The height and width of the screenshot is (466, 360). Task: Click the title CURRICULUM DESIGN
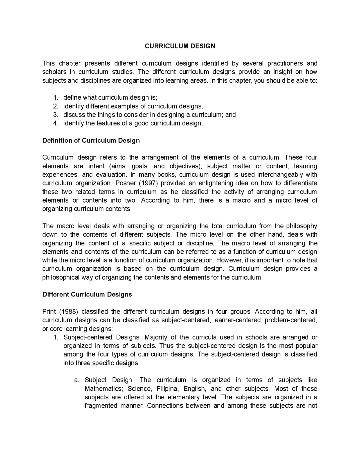point(180,46)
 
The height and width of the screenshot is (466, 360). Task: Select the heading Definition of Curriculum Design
point(91,140)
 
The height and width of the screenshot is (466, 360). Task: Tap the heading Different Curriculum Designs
point(87,294)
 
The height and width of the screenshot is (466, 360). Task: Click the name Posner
point(123,183)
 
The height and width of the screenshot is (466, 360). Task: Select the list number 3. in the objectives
point(55,115)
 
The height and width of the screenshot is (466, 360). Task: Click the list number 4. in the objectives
point(55,123)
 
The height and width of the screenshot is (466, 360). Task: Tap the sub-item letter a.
point(76,380)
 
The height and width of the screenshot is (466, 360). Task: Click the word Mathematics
point(104,389)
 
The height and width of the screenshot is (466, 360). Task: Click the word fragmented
point(101,406)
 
